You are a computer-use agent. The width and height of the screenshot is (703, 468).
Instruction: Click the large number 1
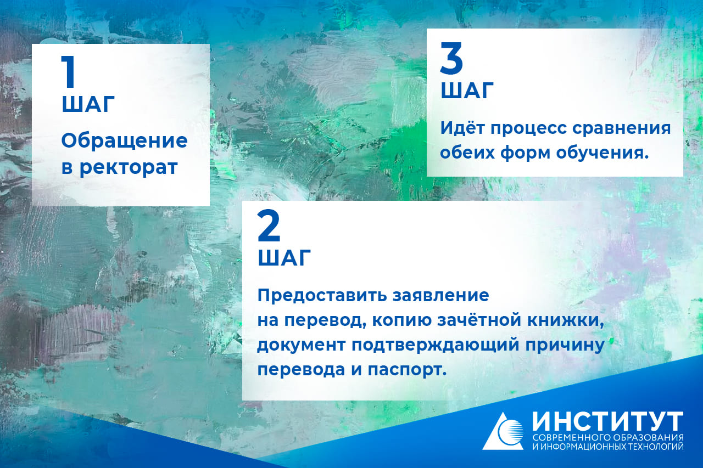click(69, 71)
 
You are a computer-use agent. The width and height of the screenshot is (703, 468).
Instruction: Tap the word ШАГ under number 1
click(88, 104)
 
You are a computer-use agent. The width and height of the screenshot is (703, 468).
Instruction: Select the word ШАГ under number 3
click(467, 91)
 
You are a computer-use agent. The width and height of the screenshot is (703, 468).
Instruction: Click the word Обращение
click(124, 142)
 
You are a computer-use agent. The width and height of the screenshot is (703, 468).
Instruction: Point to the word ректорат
click(129, 168)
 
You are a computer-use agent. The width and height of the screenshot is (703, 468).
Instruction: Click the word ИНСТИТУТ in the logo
click(607, 421)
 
